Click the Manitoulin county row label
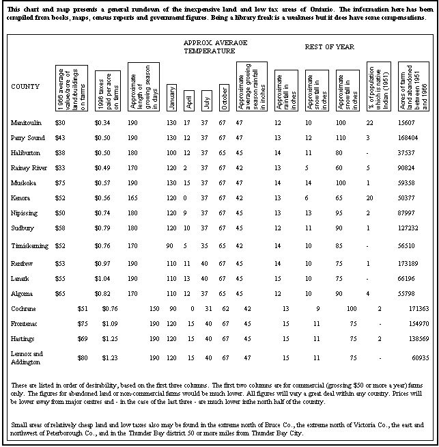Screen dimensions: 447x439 pyautogui.click(x=25, y=122)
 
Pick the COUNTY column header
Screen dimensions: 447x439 pyautogui.click(x=25, y=87)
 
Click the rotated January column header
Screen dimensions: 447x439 pyautogui.click(x=172, y=94)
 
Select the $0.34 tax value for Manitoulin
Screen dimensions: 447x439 pyautogui.click(x=102, y=122)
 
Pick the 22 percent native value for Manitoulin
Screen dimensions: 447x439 pyautogui.click(x=369, y=122)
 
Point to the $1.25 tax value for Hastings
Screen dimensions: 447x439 pyautogui.click(x=109, y=338)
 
